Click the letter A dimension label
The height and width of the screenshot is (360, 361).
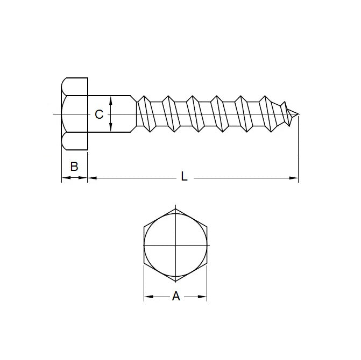(x=175, y=296)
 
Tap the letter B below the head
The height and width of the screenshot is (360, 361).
(x=74, y=166)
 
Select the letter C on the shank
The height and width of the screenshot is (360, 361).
(x=98, y=114)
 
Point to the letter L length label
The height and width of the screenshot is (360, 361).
(x=184, y=176)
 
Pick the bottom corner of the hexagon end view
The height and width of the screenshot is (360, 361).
(x=175, y=281)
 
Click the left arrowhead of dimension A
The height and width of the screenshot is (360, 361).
(x=147, y=296)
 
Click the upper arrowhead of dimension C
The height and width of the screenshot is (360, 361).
(x=110, y=99)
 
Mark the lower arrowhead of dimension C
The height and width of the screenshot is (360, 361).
(x=110, y=128)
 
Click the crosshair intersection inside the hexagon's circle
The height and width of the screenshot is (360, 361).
(x=175, y=244)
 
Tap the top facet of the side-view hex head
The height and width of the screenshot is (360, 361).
(x=74, y=87)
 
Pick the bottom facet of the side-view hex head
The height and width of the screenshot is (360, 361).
(x=74, y=141)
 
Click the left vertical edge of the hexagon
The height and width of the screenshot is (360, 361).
(x=144, y=244)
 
